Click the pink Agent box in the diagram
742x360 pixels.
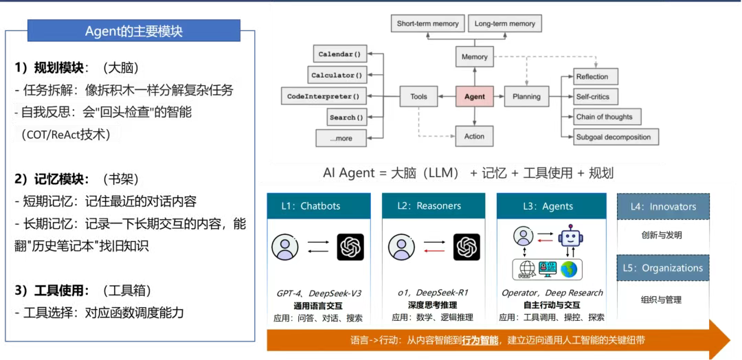pyautogui.click(x=474, y=97)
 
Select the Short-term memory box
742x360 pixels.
pyautogui.click(x=427, y=24)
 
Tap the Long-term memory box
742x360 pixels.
pyautogui.click(x=504, y=24)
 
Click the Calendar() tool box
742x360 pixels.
pyautogui.click(x=339, y=54)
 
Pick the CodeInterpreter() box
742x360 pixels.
pyautogui.click(x=323, y=97)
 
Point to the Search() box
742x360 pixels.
pyautogui.click(x=346, y=117)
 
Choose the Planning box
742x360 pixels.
pyautogui.click(x=526, y=97)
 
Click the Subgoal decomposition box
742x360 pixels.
pyautogui.click(x=613, y=137)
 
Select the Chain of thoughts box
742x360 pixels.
pyautogui.click(x=604, y=117)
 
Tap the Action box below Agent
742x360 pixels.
pyautogui.click(x=474, y=136)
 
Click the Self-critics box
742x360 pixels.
pyautogui.click(x=592, y=97)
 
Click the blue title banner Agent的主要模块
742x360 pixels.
pyautogui.click(x=134, y=31)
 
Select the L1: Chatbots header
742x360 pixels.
pyautogui.click(x=319, y=206)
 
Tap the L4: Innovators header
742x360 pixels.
pyautogui.click(x=662, y=206)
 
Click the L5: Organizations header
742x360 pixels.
pyautogui.click(x=662, y=268)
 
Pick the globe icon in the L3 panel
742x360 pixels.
pyautogui.click(x=570, y=269)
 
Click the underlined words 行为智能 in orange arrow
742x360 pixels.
pyautogui.click(x=480, y=340)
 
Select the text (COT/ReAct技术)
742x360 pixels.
pyautogui.click(x=65, y=135)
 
